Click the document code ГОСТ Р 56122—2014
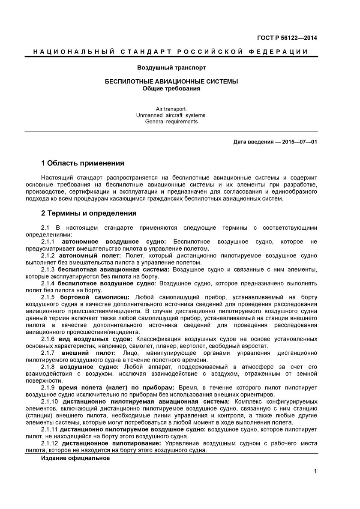point(293,38)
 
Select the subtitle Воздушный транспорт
point(171,68)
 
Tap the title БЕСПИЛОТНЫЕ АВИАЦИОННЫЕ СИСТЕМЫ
point(171,81)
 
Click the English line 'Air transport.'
point(171,109)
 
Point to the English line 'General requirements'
point(171,122)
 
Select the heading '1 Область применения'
point(82,163)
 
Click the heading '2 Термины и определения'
point(88,213)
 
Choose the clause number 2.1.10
point(50,401)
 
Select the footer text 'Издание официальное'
point(75,458)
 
